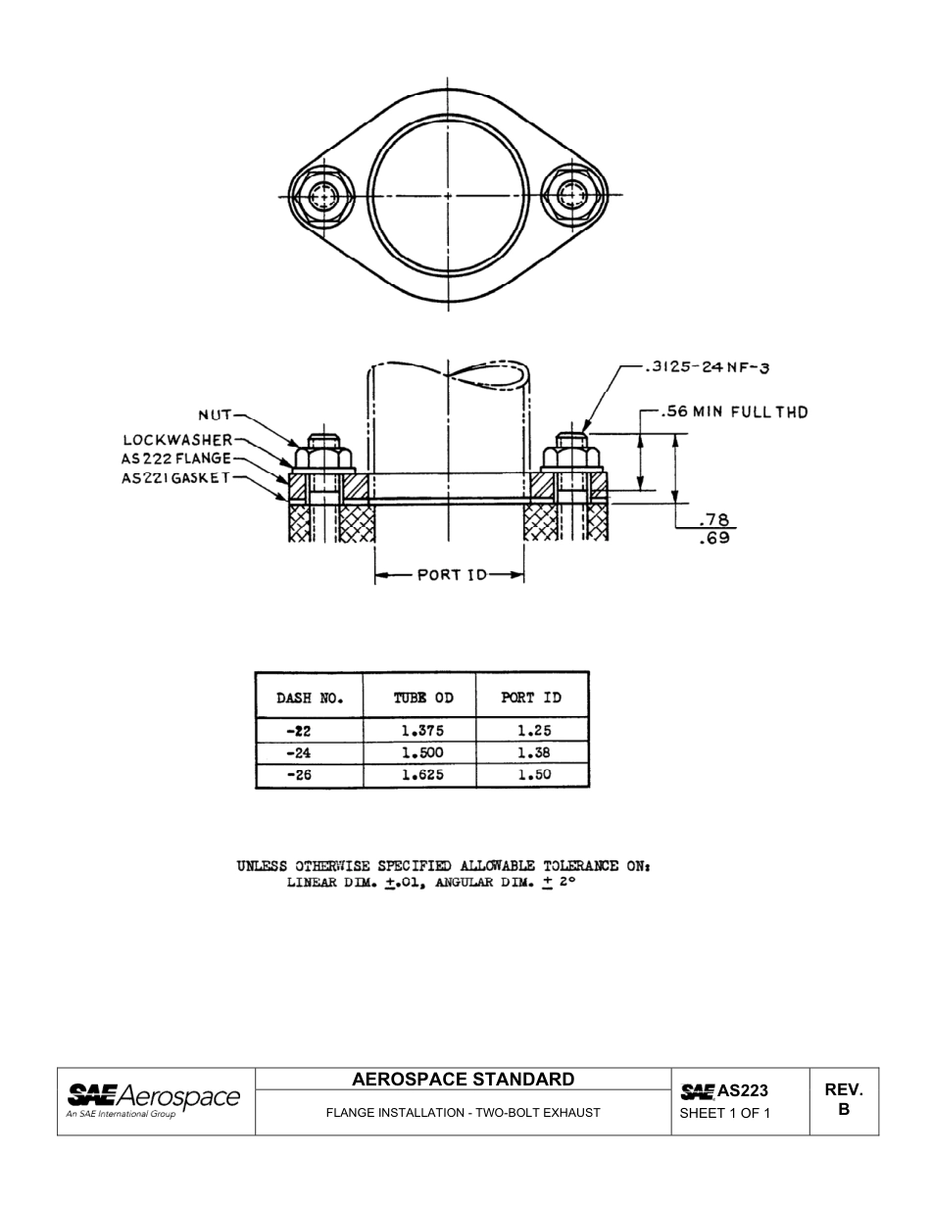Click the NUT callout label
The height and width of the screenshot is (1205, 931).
[216, 416]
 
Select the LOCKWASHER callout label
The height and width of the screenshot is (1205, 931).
[177, 440]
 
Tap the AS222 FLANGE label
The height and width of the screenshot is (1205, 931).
[176, 458]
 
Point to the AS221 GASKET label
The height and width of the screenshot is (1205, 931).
[175, 478]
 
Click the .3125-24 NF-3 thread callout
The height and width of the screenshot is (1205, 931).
[708, 367]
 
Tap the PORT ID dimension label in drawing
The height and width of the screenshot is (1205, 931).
[452, 575]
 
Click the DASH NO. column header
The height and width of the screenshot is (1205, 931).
[309, 699]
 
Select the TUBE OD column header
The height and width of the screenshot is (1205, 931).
[423, 699]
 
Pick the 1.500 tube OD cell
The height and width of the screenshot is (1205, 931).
[422, 753]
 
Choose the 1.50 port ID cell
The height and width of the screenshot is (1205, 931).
[534, 775]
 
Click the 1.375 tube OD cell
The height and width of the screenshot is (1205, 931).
[422, 731]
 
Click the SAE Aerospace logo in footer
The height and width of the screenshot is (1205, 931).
[153, 1099]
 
